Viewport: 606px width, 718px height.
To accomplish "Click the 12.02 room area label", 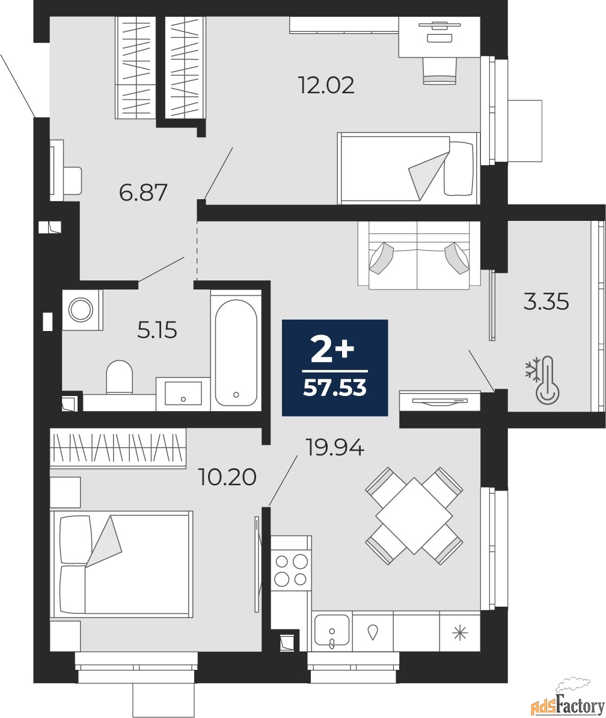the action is [x=326, y=85].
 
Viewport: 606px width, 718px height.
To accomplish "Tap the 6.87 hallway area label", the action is [x=143, y=193].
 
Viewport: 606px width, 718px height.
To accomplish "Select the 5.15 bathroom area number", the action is [x=158, y=330].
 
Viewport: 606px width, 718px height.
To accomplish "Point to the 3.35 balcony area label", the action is [x=546, y=302].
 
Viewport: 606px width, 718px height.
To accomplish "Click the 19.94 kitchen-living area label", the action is [x=335, y=447].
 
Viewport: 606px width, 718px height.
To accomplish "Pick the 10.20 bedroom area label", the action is [x=227, y=477].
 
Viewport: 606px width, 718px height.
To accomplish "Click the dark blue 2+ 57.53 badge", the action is [x=335, y=368].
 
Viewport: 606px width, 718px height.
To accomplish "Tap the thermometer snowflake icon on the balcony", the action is [x=542, y=380].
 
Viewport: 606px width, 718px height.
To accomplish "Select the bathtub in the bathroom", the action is [x=236, y=353].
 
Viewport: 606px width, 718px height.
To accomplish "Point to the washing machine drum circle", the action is [x=81, y=309].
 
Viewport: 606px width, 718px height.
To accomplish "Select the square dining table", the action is [x=414, y=516].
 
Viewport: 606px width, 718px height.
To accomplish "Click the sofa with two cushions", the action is [x=419, y=256].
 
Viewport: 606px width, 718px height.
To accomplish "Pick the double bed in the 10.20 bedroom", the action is [x=121, y=564].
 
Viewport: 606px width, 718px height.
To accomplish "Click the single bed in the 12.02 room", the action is [x=408, y=168].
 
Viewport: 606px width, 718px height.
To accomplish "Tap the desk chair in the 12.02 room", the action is [x=439, y=70].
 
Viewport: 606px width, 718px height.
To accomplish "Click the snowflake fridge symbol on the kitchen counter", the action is [x=460, y=633].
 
